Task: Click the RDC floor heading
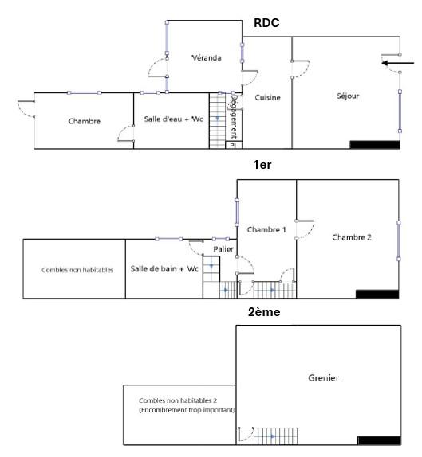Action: point(266,23)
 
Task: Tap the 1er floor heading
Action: point(262,165)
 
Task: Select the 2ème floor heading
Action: point(264,312)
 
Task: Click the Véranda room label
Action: point(206,57)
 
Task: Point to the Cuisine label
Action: point(267,97)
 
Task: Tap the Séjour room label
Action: point(348,96)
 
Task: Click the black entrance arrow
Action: point(398,63)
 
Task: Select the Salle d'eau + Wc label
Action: point(173,119)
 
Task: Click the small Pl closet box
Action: point(234,145)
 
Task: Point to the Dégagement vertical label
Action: point(234,116)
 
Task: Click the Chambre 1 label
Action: point(266,229)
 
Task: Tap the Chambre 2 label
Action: point(352,237)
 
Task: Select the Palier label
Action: point(223,249)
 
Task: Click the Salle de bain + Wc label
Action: point(164,269)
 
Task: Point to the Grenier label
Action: point(324,377)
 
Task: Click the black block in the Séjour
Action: point(375,145)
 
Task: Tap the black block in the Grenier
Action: point(379,440)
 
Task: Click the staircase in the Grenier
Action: point(275,436)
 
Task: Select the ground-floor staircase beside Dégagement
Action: point(218,121)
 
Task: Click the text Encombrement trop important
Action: point(187,410)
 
